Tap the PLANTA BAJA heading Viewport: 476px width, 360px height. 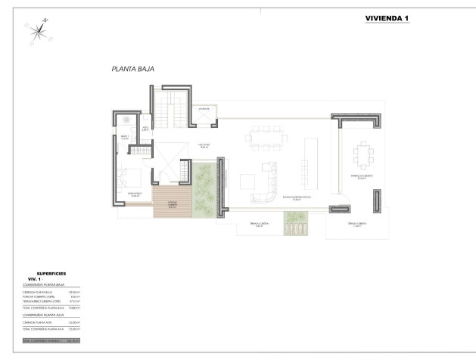pos(133,69)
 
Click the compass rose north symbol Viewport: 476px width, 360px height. pos(37,30)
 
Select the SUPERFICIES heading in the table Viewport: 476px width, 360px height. pos(52,274)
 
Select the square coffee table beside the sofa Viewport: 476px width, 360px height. pos(247,182)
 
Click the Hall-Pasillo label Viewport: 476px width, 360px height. pos(204,144)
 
